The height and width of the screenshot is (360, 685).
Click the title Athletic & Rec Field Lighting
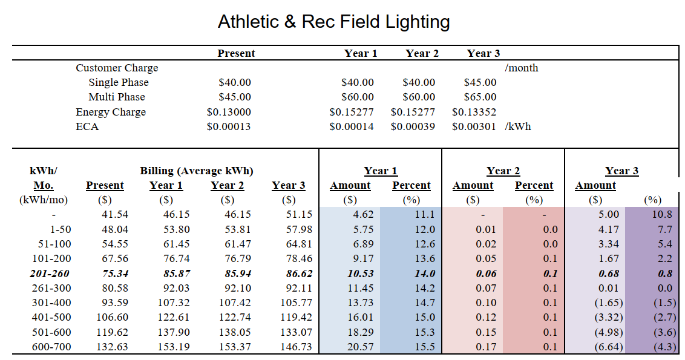[x=333, y=22]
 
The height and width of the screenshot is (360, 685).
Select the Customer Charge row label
[x=117, y=68]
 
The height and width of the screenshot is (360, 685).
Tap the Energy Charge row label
[x=111, y=112]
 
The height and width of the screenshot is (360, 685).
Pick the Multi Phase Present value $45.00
[x=235, y=97]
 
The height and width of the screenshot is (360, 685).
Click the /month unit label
[x=521, y=68]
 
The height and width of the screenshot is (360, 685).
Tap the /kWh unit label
[x=517, y=126]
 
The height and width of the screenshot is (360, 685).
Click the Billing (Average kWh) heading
[x=197, y=171]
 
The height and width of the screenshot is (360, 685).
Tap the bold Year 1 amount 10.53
[x=360, y=273]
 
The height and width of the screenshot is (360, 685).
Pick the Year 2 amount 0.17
[x=486, y=346]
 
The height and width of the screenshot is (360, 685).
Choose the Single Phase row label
[x=119, y=82]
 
